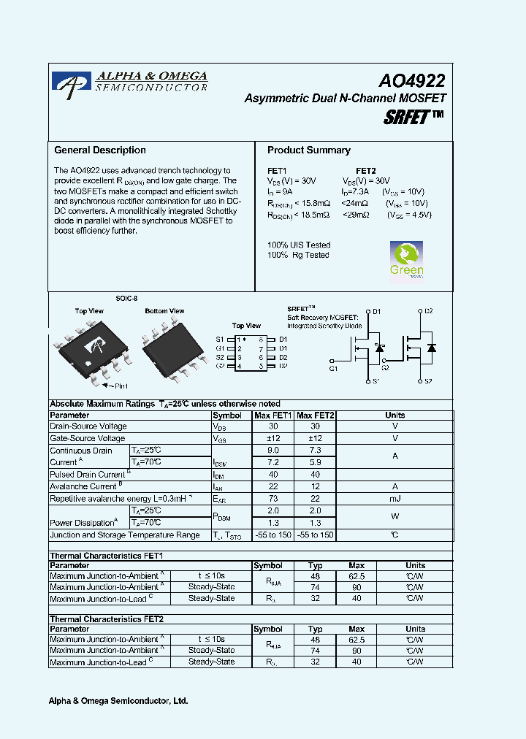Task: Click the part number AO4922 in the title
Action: pos(411,80)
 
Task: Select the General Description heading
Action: pos(100,150)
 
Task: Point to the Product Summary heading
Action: pos(308,150)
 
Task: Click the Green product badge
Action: pos(407,259)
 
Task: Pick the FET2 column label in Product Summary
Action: pos(365,170)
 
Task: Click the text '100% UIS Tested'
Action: pos(299,245)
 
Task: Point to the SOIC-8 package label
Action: pos(126,299)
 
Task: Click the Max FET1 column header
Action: pos(273,416)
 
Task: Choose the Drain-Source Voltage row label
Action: pos(88,426)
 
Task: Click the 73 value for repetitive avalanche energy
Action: pos(273,499)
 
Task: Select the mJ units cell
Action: pos(394,499)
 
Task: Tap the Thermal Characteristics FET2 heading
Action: pos(106,619)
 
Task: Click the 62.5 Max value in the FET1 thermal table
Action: pos(357,576)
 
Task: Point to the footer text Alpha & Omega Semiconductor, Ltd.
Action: pos(118,701)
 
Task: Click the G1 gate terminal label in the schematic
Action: pos(334,369)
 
